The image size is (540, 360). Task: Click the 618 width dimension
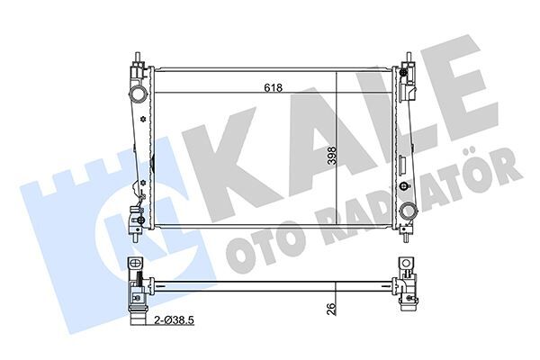tap(274, 87)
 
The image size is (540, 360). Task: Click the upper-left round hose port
tap(137, 94)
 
